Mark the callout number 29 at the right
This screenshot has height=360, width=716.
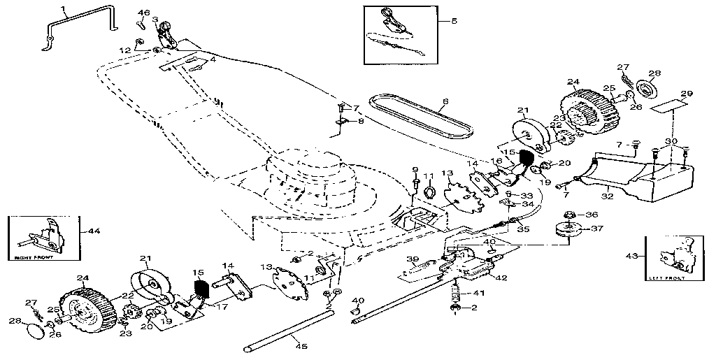[687, 93]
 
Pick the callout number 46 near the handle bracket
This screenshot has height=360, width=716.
[144, 13]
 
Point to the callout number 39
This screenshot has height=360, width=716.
[413, 258]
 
